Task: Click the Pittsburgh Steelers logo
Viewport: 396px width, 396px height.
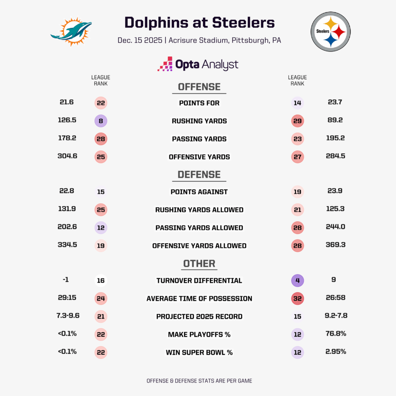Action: (x=331, y=31)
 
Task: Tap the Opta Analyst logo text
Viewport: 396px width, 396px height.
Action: (x=198, y=64)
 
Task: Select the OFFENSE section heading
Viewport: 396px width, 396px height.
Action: (x=199, y=87)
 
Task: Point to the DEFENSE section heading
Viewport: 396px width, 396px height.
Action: (x=199, y=175)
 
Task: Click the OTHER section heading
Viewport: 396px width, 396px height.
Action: (x=199, y=264)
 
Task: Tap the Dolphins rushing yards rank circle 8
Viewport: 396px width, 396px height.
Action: (x=101, y=121)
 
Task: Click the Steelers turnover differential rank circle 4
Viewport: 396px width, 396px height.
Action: (x=297, y=280)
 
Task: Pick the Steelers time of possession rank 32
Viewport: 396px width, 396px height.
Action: (x=297, y=299)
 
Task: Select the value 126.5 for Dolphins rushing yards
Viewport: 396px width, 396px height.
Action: (x=67, y=120)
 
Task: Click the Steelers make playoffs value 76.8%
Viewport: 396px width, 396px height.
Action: (x=335, y=334)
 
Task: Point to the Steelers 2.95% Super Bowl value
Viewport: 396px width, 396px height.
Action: (x=335, y=352)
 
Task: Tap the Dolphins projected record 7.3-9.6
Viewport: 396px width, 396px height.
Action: (x=68, y=316)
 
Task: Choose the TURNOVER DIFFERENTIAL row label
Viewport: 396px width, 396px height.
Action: (x=199, y=281)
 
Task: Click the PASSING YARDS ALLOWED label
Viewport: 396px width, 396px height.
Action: (x=199, y=228)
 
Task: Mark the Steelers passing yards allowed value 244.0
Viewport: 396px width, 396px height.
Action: (x=335, y=227)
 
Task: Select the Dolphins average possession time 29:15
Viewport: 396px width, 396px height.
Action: (x=67, y=298)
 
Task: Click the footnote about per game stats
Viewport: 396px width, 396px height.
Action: (x=199, y=381)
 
